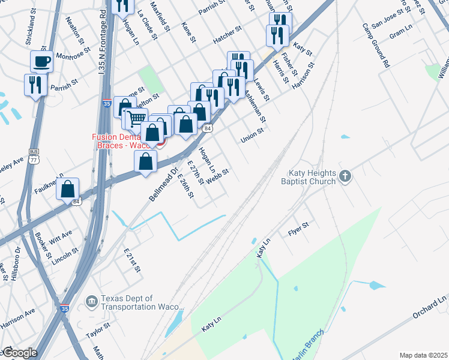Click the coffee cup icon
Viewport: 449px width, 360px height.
tap(41, 61)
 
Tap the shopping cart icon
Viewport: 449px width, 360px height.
tap(136, 118)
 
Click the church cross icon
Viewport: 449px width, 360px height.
tap(345, 176)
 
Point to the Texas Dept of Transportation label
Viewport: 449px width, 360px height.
tap(142, 302)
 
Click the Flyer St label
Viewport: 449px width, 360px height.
tap(298, 227)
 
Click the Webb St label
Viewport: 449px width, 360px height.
tap(217, 177)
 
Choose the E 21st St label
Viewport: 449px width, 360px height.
tap(132, 261)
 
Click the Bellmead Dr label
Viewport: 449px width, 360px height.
tap(164, 184)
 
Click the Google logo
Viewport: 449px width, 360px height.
tap(19, 353)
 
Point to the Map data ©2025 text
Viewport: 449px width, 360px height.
tap(423, 355)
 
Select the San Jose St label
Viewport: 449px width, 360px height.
tap(388, 23)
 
